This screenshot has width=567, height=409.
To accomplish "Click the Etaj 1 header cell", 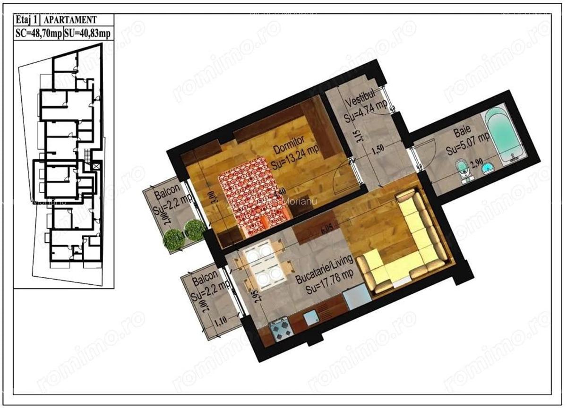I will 26,19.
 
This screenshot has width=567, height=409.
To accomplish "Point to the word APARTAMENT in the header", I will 71,19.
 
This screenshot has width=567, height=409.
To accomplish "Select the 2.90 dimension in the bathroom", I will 478,162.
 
